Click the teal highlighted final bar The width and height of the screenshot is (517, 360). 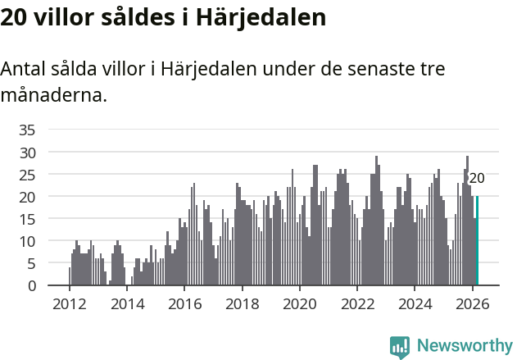(477, 241)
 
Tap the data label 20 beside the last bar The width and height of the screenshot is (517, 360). (477, 178)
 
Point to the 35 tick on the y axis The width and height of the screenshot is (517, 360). (27, 130)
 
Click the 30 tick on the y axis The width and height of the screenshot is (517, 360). (27, 153)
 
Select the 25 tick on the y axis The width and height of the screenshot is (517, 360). (27, 175)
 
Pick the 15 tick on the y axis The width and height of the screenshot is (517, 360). (27, 219)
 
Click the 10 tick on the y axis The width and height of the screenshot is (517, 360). (27, 241)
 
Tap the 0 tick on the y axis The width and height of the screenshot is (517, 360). (31, 286)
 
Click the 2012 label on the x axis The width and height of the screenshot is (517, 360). (69, 303)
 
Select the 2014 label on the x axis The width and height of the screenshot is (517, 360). (126, 303)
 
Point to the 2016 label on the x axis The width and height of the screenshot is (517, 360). (184, 303)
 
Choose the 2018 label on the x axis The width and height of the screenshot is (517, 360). (242, 303)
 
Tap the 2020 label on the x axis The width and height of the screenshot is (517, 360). (299, 303)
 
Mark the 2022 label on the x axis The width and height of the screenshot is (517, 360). (357, 303)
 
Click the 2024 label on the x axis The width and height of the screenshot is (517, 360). (415, 303)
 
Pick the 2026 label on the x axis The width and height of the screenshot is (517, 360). (472, 303)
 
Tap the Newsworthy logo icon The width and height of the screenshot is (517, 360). (400, 347)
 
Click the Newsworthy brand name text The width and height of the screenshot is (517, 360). (464, 346)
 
